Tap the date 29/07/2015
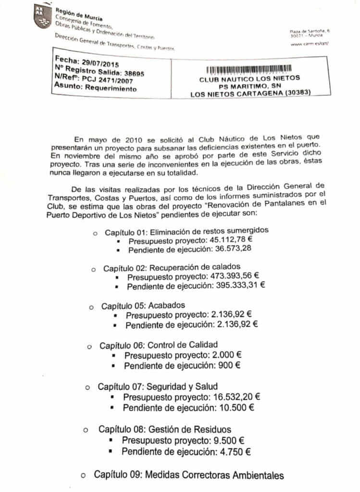coord(99,63)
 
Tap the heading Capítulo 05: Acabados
coord(143,306)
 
